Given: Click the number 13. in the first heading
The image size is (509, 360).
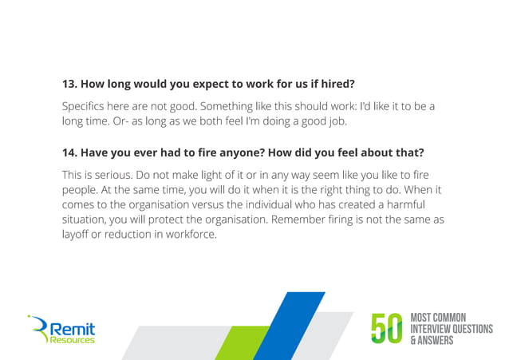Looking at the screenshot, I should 71,84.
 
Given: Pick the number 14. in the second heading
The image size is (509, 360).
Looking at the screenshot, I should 71,152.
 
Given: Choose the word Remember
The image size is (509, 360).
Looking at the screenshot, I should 298,220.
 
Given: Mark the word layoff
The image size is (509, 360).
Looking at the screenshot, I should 77,235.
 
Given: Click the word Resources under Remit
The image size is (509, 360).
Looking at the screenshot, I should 72,340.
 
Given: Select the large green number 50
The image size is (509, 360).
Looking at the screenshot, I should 388,329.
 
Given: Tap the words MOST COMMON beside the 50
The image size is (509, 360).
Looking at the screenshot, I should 438,318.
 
